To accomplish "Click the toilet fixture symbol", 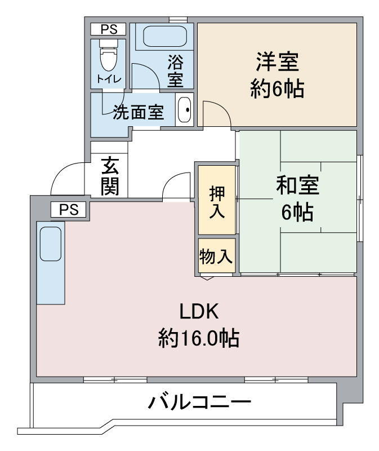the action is tap(109, 55).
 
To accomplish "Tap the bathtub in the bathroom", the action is tap(165, 36).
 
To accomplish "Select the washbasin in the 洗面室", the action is tap(184, 109).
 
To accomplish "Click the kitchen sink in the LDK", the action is tap(51, 244).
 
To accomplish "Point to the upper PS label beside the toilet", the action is tap(109, 29).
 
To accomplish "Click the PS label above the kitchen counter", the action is tap(69, 209).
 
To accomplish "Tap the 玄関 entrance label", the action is tap(110, 176).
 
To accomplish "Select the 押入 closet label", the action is tap(217, 202).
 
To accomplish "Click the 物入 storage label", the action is tap(216, 256).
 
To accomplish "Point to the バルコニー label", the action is tap(199, 402).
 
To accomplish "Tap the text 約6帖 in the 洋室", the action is tap(277, 89).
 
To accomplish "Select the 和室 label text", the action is tap(297, 185).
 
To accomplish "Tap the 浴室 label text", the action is tap(175, 71).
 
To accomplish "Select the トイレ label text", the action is tap(109, 78).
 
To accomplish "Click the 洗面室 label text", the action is tap(139, 112).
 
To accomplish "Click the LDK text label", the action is tap(199, 311).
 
